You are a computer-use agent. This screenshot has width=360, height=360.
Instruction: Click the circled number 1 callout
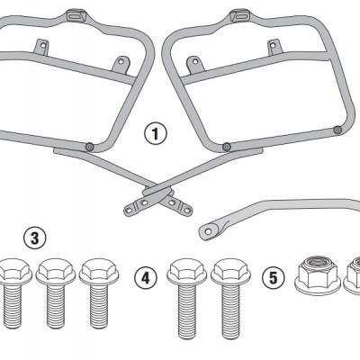pos(156,134)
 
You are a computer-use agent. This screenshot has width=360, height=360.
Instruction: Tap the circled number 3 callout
pos(35,238)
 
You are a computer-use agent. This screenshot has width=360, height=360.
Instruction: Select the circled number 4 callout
pos(146,278)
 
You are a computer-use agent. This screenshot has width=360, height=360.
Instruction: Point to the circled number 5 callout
pos(273,278)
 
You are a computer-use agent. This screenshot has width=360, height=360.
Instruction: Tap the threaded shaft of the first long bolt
pos(187,311)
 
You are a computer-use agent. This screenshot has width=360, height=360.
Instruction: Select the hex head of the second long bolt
pos(230,272)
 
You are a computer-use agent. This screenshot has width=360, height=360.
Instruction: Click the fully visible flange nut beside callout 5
pos(319,274)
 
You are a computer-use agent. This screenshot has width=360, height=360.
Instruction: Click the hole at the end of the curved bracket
pos(208,231)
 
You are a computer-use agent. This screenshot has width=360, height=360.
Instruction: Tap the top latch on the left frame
pos(75,15)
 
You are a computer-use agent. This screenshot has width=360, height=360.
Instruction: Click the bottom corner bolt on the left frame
pos(89,147)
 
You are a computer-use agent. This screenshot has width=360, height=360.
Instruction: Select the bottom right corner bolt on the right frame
pos(337,130)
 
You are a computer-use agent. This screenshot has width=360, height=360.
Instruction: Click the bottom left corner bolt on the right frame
pos(227,147)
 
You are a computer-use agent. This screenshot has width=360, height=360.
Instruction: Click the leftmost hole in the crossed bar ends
pos(130,211)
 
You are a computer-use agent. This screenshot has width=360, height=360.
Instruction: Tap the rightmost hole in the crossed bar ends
pos(187,211)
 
